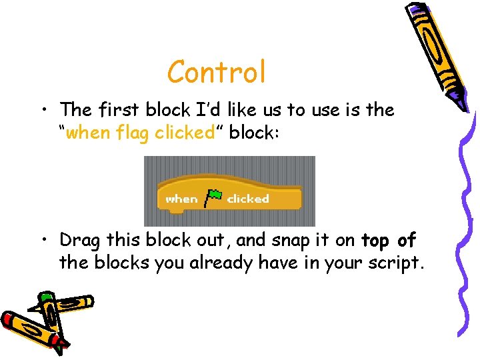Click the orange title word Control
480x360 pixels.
pos(217,72)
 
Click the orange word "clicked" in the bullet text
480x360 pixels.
pos(183,133)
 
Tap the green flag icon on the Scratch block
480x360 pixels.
pos(213,197)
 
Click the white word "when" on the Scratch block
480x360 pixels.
pos(181,199)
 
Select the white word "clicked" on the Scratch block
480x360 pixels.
pos(248,199)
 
